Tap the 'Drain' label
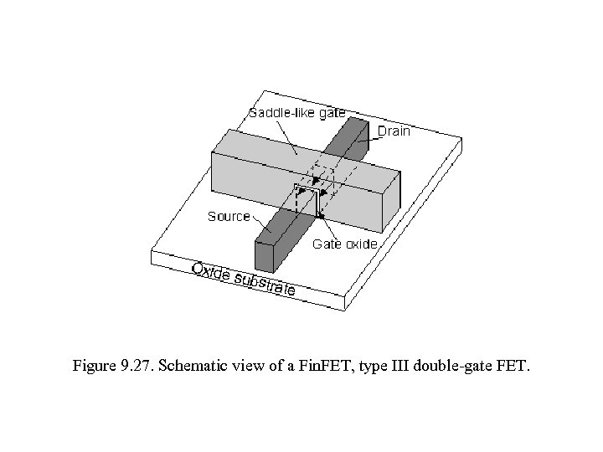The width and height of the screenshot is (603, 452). click(393, 131)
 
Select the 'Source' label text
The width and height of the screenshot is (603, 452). click(229, 216)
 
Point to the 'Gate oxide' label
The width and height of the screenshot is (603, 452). click(345, 244)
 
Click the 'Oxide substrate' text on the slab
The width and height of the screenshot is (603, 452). click(243, 279)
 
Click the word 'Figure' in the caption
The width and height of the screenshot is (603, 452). click(93, 366)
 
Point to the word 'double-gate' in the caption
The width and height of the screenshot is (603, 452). click(452, 366)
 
